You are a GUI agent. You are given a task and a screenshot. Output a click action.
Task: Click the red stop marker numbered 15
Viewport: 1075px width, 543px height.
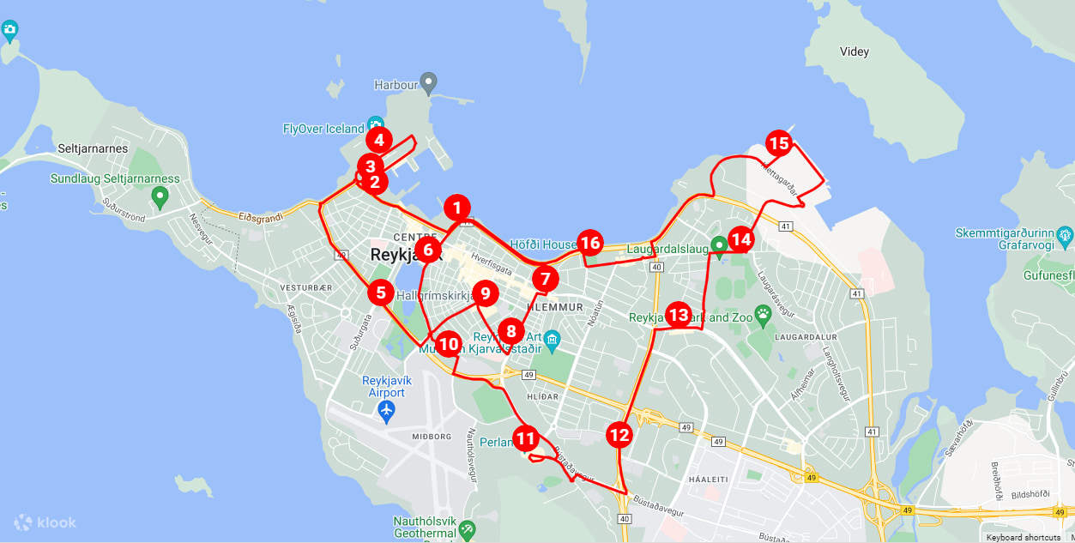click(778, 143)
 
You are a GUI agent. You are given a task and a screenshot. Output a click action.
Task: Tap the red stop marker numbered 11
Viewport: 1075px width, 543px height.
click(526, 439)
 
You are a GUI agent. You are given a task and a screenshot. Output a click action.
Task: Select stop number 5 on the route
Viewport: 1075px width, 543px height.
click(381, 293)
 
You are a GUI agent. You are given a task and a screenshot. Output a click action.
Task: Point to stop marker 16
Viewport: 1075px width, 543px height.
click(589, 243)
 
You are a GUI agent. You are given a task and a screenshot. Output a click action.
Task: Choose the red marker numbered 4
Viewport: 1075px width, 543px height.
click(379, 140)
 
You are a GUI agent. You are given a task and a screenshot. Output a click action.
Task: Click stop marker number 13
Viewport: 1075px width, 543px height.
click(679, 315)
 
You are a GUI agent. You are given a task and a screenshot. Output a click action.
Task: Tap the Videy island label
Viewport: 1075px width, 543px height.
click(854, 51)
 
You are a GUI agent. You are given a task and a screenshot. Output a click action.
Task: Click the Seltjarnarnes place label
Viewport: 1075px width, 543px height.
click(93, 148)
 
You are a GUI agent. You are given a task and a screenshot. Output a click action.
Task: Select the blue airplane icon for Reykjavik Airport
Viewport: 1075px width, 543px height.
click(386, 412)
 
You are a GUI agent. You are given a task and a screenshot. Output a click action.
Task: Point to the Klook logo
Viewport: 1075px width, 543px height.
click(45, 522)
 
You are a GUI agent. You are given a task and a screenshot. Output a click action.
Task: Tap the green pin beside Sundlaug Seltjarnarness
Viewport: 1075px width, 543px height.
click(159, 197)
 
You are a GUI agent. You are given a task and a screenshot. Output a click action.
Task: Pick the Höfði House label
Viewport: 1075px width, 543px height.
click(543, 244)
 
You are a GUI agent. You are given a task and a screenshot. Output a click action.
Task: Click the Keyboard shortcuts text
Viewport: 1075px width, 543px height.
click(1023, 537)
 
